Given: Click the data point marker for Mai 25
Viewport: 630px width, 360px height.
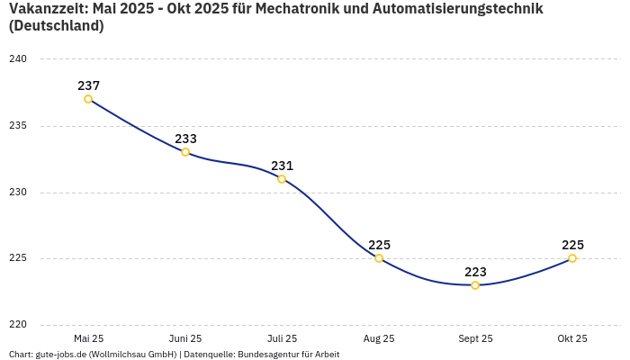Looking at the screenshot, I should [88, 99].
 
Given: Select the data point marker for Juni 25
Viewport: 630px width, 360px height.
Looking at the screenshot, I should [185, 152].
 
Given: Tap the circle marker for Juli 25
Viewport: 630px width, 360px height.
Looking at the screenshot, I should [282, 179].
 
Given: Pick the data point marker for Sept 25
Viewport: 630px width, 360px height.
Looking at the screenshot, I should [475, 285].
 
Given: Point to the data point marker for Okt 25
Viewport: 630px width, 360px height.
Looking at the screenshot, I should [572, 258].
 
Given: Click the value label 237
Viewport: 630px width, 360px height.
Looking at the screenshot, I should [88, 85].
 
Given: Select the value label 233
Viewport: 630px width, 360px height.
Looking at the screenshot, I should [185, 139].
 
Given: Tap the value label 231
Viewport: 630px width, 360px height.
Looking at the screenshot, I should [282, 166].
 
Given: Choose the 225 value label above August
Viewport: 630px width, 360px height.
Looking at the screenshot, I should [379, 245].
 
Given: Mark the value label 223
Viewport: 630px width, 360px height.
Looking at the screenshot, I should [475, 272].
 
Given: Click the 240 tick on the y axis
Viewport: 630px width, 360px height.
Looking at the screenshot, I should [18, 59].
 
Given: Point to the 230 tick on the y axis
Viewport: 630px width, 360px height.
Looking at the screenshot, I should [18, 193].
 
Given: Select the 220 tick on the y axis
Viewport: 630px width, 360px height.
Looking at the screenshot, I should [18, 325].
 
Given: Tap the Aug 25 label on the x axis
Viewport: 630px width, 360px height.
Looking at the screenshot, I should [379, 338].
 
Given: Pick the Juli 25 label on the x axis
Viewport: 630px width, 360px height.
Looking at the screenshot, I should [282, 338].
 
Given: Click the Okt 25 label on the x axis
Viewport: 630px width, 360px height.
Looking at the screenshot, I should [572, 338].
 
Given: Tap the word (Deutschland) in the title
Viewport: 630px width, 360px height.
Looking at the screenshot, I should [56, 26].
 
